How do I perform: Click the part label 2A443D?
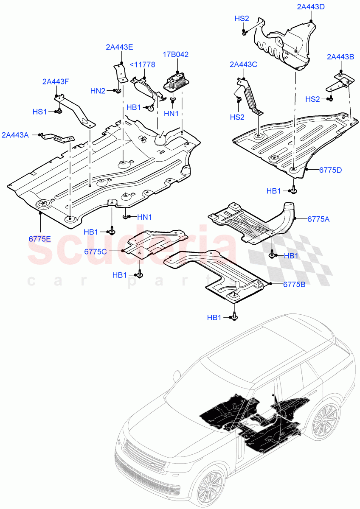coord(311,7)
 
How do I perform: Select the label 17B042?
coord(175,54)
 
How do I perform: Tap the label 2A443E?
coord(119,48)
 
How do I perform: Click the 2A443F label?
coord(55,81)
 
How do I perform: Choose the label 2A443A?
coord(15,135)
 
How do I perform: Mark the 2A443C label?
coord(243,64)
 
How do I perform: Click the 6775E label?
coord(40,238)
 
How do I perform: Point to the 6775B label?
coord(294,284)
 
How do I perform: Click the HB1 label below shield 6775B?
coord(214,317)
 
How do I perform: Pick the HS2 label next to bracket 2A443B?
coord(312,99)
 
